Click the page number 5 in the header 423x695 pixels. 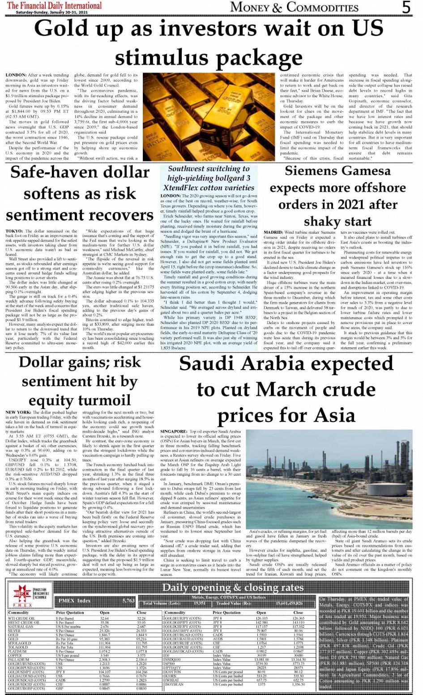click(406, 7)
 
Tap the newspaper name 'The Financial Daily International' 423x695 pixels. click(54, 5)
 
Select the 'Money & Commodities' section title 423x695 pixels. click(294, 7)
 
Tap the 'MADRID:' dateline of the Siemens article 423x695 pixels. click(273, 232)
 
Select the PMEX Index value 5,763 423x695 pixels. click(128, 601)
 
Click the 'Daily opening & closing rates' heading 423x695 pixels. click(232, 587)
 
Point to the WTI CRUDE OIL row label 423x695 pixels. click(21, 618)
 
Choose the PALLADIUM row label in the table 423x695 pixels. click(19, 660)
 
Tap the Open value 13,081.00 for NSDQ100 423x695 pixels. click(261, 660)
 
